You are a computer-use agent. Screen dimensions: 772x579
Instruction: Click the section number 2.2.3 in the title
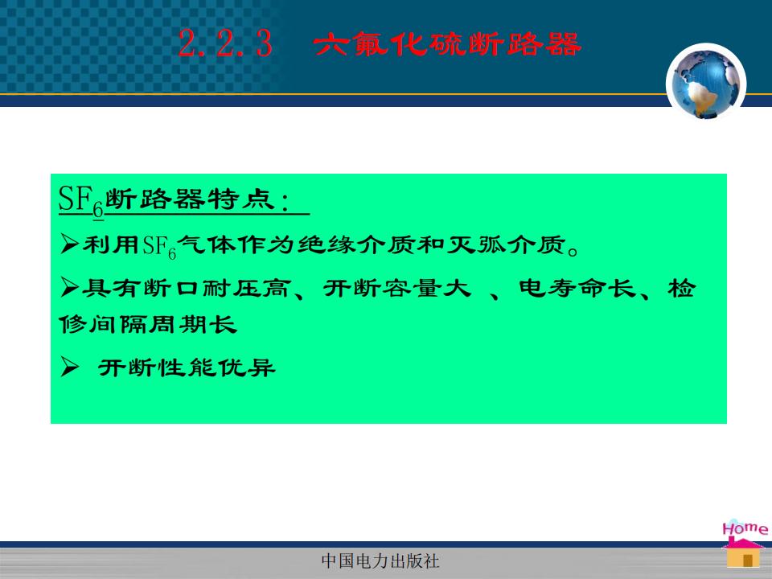[x=225, y=43]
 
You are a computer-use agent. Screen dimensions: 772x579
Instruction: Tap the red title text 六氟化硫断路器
[x=447, y=43]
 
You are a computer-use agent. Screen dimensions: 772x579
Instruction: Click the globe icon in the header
[x=706, y=83]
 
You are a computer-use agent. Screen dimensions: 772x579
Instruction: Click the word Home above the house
[x=745, y=528]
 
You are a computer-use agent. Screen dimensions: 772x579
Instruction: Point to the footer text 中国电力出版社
[x=380, y=561]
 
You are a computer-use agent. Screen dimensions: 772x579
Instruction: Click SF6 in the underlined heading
[x=81, y=200]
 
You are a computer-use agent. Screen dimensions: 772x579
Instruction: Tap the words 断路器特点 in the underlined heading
[x=190, y=199]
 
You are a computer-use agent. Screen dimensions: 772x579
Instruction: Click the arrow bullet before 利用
[x=70, y=244]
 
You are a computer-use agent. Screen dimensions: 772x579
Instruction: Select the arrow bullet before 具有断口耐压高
[x=70, y=288]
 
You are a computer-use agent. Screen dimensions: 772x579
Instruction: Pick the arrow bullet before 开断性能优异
[x=70, y=368]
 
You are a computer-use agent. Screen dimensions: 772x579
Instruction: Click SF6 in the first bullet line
[x=159, y=246]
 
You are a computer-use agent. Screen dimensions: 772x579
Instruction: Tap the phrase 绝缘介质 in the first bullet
[x=356, y=244]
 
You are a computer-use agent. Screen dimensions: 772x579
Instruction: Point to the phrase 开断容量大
[x=397, y=288]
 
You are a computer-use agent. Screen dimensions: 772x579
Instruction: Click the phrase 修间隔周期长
[x=148, y=324]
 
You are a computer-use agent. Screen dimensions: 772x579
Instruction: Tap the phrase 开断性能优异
[x=187, y=368]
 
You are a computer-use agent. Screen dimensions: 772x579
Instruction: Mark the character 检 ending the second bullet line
[x=682, y=288]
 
